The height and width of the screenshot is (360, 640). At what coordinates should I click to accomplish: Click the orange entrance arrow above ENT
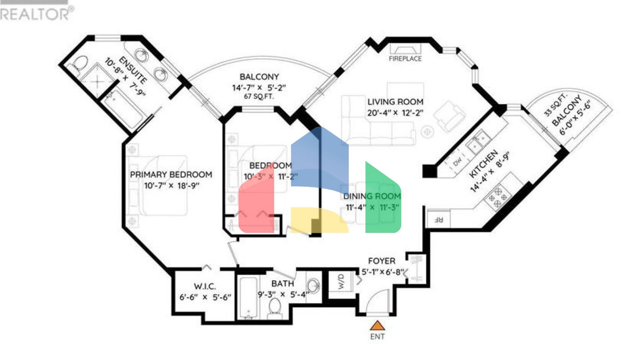click(x=377, y=325)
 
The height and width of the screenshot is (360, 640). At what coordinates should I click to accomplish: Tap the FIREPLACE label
click(x=405, y=59)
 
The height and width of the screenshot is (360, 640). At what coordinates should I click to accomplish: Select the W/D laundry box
click(x=341, y=282)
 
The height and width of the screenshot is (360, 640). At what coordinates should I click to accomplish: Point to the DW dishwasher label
click(x=457, y=161)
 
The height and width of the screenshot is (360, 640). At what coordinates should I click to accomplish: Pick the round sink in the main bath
click(x=314, y=286)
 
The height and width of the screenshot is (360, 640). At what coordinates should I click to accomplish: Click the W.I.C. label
click(x=205, y=286)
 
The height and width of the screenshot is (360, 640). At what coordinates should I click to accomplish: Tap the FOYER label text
click(x=381, y=261)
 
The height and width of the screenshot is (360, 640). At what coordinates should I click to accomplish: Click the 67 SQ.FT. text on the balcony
click(x=259, y=96)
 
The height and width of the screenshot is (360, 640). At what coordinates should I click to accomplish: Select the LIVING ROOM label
click(x=395, y=102)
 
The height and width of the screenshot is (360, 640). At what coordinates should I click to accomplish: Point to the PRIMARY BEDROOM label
click(x=171, y=175)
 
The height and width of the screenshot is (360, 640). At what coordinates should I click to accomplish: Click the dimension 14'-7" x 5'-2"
click(x=259, y=87)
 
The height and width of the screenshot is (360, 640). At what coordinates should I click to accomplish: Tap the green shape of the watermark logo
click(x=382, y=200)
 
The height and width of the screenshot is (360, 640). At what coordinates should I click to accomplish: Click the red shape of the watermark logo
click(x=256, y=204)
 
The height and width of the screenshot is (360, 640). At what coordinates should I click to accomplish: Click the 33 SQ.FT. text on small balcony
click(x=555, y=105)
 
